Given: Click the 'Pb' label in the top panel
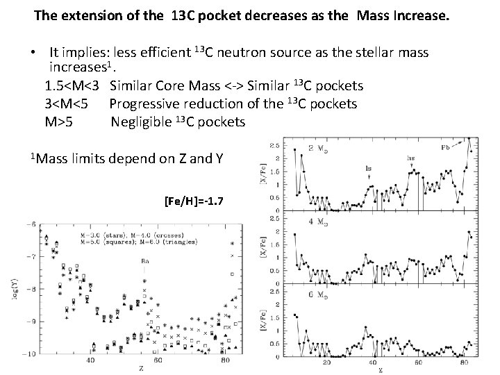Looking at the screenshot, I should [446, 147].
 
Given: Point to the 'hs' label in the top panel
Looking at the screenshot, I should [411, 159].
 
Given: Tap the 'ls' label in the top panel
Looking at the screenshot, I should [368, 167].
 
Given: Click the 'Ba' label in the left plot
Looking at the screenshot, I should [144, 261].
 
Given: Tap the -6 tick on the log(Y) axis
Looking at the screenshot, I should [31, 224].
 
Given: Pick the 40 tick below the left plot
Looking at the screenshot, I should [91, 361].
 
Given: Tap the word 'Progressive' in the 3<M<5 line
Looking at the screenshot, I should [144, 104].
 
